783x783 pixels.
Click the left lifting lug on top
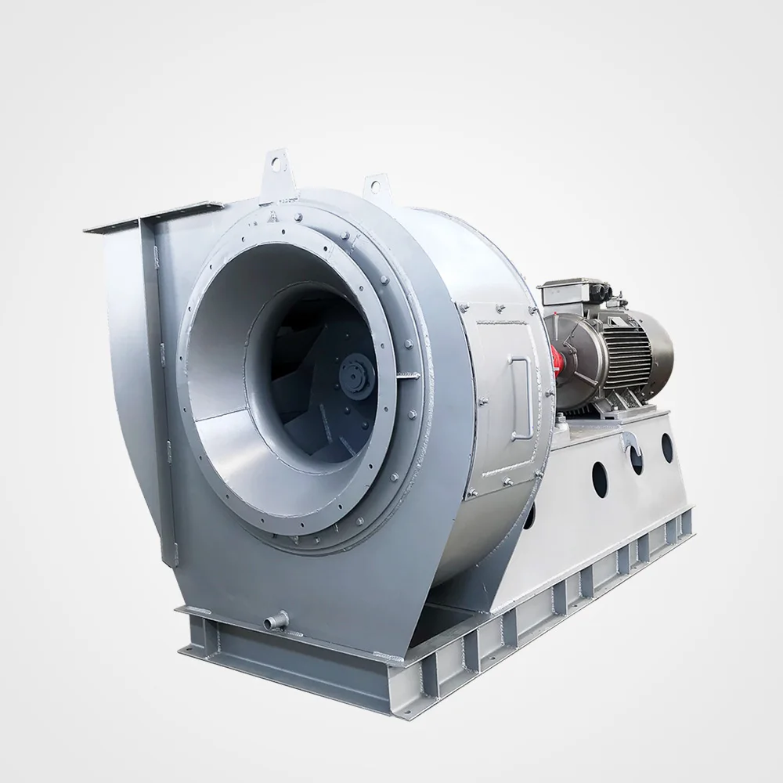point(276,162)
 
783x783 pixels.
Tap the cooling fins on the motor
point(626,345)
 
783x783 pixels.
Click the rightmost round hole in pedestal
point(668,446)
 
